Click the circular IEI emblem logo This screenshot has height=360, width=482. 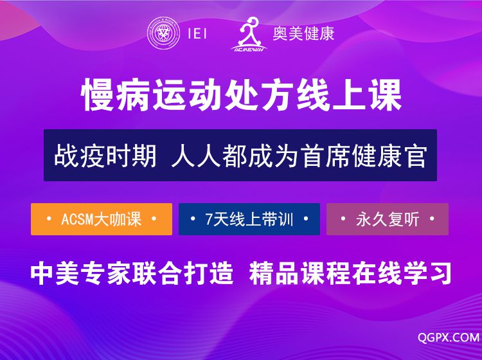(163, 33)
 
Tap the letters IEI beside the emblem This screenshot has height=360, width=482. (197, 33)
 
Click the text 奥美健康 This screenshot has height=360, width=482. (303, 33)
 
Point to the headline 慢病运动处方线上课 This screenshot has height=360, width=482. (242, 95)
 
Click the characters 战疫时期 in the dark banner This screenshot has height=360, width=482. (105, 156)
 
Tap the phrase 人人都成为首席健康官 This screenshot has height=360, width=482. (299, 156)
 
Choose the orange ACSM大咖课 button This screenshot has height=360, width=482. (102, 219)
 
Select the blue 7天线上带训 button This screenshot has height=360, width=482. (249, 219)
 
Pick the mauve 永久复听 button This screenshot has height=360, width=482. (388, 219)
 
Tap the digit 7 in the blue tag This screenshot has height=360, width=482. (209, 219)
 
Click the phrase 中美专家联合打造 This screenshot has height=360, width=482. (132, 273)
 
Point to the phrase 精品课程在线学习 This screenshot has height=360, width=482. (350, 273)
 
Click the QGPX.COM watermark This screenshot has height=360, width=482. (449, 337)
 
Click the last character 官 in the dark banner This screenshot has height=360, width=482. (416, 156)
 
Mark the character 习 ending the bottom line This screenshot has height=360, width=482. (440, 273)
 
